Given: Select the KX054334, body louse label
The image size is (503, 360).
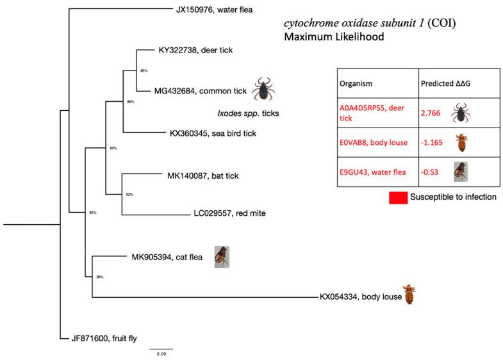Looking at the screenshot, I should pyautogui.click(x=360, y=297).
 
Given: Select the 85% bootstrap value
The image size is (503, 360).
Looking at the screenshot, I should pyautogui.click(x=144, y=71).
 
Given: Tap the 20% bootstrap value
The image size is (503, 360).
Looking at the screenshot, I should pyautogui.click(x=99, y=277).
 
